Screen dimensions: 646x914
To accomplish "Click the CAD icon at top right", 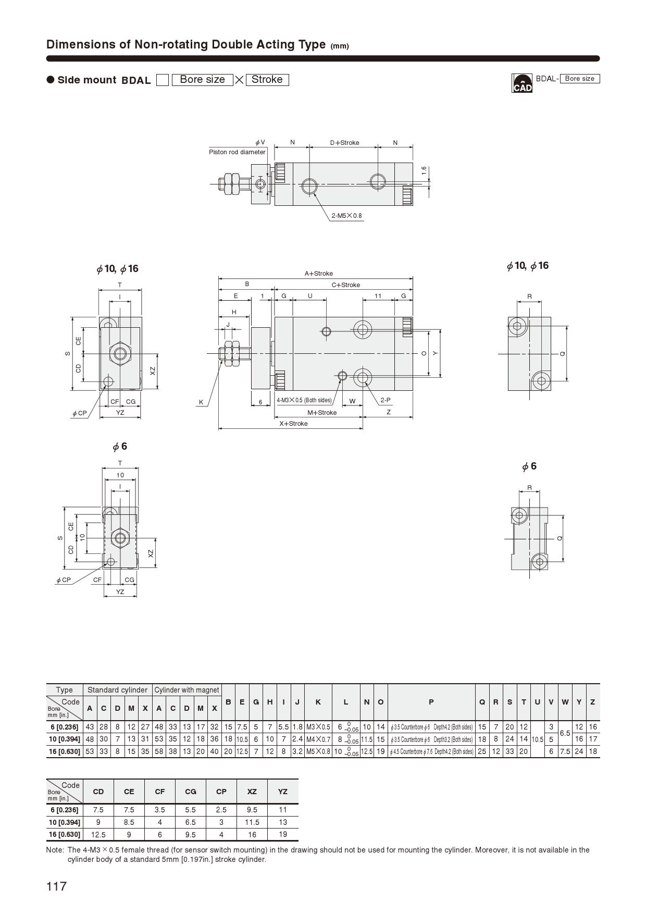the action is pyautogui.click(x=522, y=83).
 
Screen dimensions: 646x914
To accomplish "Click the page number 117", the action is pyautogui.click(x=57, y=886).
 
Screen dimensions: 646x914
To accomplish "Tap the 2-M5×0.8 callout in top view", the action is pyautogui.click(x=346, y=216).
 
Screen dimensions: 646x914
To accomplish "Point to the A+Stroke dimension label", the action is pyautogui.click(x=319, y=274).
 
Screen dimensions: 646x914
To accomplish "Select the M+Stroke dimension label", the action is pyautogui.click(x=322, y=413).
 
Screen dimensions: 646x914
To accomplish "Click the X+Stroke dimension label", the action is pyautogui.click(x=293, y=424).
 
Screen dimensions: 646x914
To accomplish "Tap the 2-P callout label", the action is pyautogui.click(x=386, y=400).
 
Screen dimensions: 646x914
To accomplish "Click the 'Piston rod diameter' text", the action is pyautogui.click(x=237, y=152).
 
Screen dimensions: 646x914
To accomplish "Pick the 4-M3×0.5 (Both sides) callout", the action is pyautogui.click(x=304, y=400).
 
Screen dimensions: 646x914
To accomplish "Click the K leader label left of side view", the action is pyautogui.click(x=201, y=402).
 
